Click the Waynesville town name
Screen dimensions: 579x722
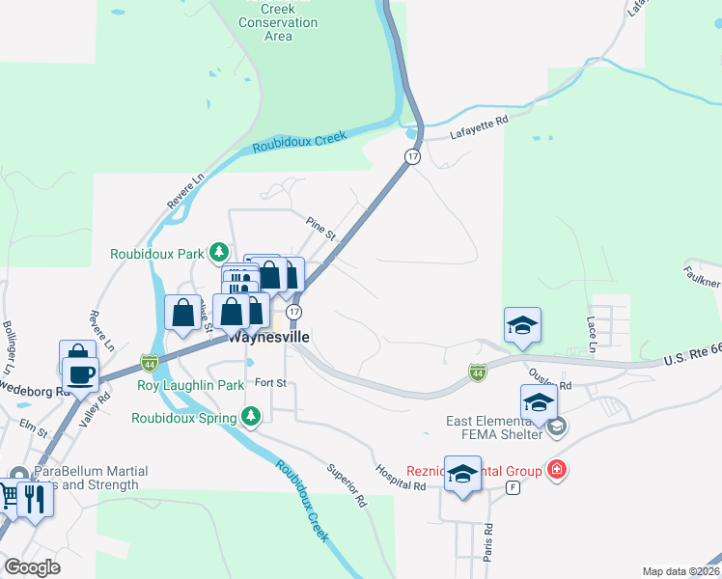tap(269, 339)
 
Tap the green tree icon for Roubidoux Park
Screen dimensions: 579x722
tap(220, 254)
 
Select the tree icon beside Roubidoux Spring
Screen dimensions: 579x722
tap(251, 417)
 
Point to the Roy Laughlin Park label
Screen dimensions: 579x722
tap(190, 385)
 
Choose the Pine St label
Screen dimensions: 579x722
tap(320, 229)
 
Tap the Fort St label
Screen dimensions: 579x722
tap(271, 382)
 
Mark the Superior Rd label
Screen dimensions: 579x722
tap(347, 483)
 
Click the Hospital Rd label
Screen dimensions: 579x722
tap(402, 479)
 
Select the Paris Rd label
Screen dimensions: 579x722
tap(488, 542)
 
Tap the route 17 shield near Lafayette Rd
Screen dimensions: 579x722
tap(412, 156)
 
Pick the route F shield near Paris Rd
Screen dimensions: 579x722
tap(513, 488)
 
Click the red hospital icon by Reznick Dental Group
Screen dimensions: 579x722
tap(556, 471)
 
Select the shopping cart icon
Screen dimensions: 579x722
tap(8, 497)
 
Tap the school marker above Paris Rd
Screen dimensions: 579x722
tap(463, 474)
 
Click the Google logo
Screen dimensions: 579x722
tap(32, 567)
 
